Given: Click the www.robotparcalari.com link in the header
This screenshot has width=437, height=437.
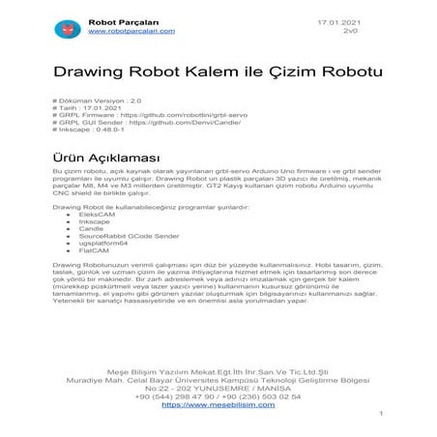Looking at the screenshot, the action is coord(131,31).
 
